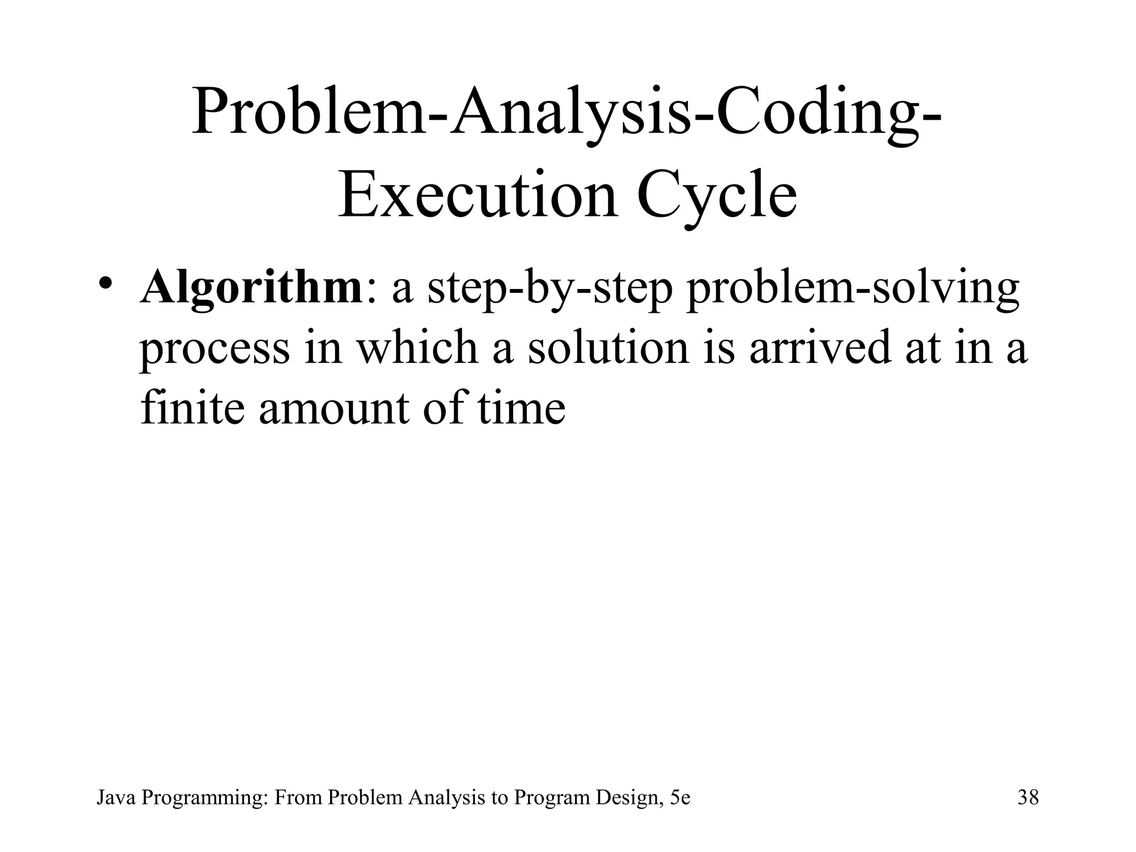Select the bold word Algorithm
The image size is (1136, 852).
[252, 288]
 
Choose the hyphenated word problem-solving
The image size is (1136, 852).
[853, 290]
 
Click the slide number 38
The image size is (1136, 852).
[1028, 798]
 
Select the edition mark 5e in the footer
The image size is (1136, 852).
[680, 798]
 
